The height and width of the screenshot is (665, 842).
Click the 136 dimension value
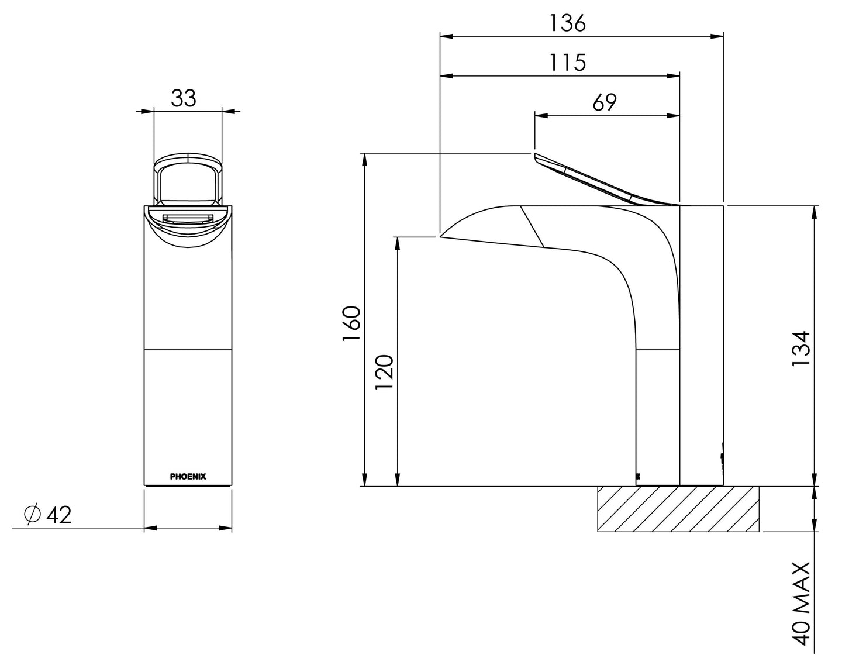point(567,23)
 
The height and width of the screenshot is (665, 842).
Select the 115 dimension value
point(567,62)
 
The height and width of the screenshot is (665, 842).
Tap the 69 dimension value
point(604,102)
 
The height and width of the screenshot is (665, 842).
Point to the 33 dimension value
point(184,98)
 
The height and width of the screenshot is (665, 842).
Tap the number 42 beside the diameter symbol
point(58,515)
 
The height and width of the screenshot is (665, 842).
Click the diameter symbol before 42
point(32,514)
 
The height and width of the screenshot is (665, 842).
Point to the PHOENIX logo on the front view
point(188,477)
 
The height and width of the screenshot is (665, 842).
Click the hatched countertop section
point(678,509)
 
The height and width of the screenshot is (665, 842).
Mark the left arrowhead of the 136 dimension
point(446,36)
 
